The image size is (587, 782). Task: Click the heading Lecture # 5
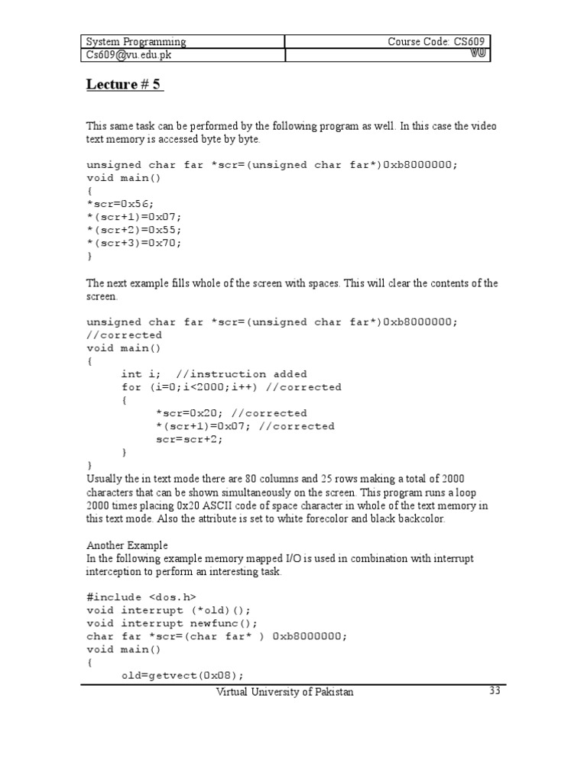124,85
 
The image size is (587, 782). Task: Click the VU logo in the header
478,54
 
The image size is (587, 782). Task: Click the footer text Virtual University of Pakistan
285,692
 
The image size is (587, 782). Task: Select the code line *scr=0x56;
120,204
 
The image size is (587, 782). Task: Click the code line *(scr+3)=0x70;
135,243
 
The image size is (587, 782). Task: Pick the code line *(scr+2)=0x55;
135,230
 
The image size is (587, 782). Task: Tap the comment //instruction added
241,374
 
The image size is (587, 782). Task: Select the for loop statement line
231,387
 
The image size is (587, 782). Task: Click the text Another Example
127,545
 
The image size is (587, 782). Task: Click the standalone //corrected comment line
124,335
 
